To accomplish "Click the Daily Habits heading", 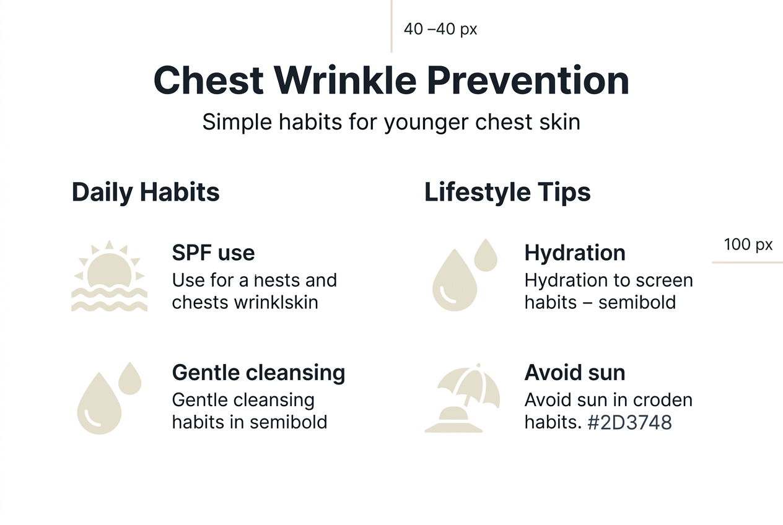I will coord(146,192).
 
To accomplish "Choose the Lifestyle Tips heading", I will coord(507,192).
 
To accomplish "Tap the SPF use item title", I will coord(213,253).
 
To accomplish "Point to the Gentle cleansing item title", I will coord(258,373).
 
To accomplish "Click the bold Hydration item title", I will coord(575,253).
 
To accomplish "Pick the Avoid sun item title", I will coord(575,373).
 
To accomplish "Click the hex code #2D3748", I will coord(629,422).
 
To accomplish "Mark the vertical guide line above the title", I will coord(391,26).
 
